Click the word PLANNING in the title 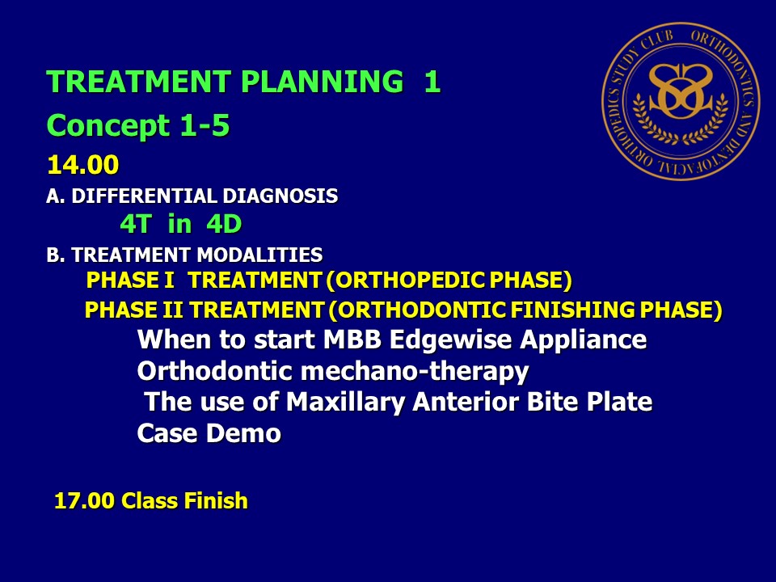pos(323,81)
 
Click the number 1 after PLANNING pos(432,81)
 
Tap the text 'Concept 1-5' pos(138,126)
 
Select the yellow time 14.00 pos(83,165)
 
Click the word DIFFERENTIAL pos(145,196)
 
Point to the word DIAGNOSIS pos(280,196)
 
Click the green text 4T pos(135,224)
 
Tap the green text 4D pos(224,224)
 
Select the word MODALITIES pos(259,255)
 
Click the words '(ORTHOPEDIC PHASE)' pos(449,280)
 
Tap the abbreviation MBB pos(352,339)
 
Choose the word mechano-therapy pos(415,372)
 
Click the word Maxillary pos(346,402)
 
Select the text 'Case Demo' pos(209,433)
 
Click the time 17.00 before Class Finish pos(84,501)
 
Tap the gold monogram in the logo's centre pos(681,91)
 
